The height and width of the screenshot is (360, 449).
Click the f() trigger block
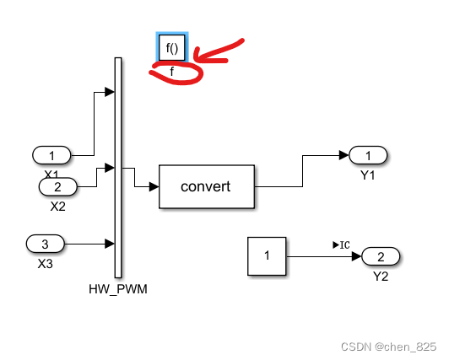[x=172, y=48]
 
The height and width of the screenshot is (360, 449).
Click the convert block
[x=207, y=186]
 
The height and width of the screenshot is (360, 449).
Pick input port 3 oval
[x=46, y=244]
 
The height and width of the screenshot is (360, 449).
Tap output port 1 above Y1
[x=368, y=155]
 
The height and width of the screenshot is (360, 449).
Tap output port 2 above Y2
[x=381, y=256]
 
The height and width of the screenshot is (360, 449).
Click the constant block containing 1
[x=268, y=256]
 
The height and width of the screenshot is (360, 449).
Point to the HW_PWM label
[x=114, y=288]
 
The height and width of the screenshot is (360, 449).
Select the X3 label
[x=46, y=262]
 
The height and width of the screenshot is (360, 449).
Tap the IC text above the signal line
[x=342, y=244]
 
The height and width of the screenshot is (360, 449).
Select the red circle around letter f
[x=176, y=74]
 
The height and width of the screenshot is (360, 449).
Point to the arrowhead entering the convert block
[x=154, y=186]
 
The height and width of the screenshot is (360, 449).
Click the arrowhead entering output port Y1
[x=344, y=155]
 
